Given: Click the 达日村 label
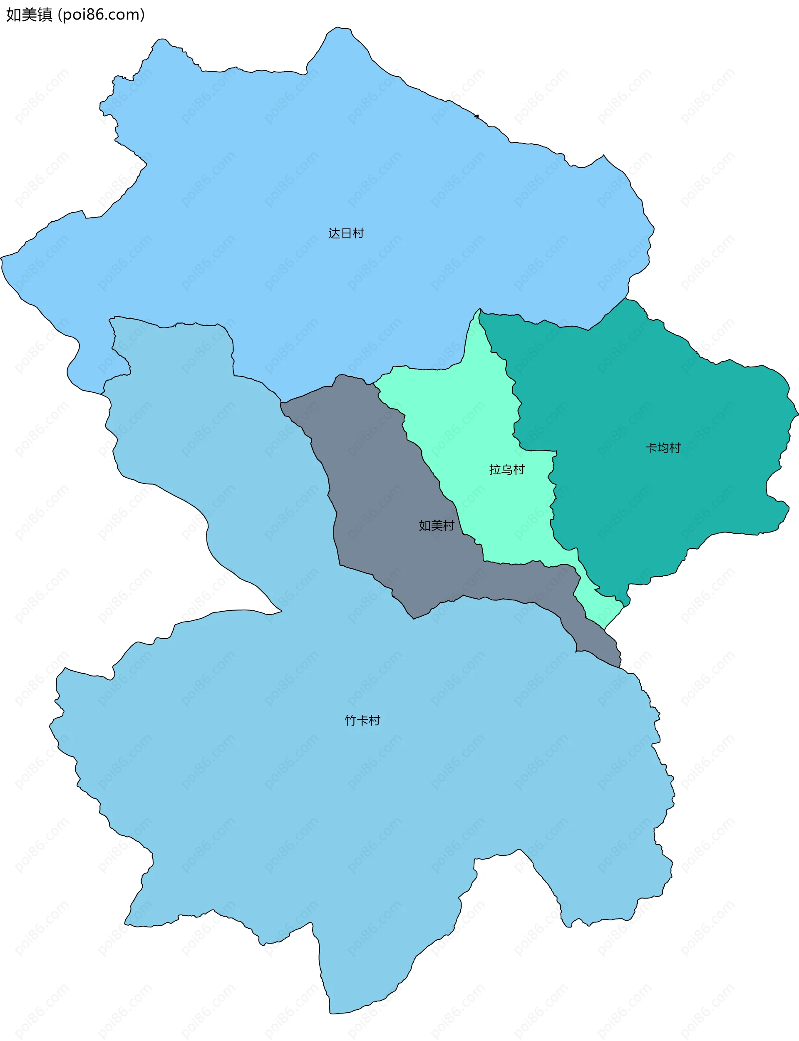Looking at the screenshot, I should pyautogui.click(x=346, y=233).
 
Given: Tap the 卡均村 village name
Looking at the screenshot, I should pyautogui.click(x=663, y=448).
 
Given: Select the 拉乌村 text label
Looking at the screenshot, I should pyautogui.click(x=506, y=469).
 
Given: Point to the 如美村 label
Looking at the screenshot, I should pyautogui.click(x=436, y=525).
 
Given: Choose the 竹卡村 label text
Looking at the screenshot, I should pyautogui.click(x=362, y=721).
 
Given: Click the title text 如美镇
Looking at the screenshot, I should pyautogui.click(x=29, y=15).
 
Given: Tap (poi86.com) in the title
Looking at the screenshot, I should pyautogui.click(x=101, y=15).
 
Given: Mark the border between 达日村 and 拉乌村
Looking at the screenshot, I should pyautogui.click(x=428, y=369).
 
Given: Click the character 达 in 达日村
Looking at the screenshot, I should pyautogui.click(x=334, y=233).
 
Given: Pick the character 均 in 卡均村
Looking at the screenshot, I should pyautogui.click(x=663, y=448).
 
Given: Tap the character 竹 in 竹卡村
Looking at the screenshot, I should pyautogui.click(x=350, y=721).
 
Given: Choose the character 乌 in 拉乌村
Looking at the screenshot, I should pyautogui.click(x=506, y=469).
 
